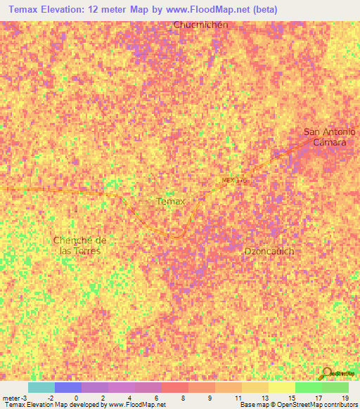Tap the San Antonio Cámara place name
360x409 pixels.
(329, 136)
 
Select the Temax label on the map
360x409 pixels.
(170, 202)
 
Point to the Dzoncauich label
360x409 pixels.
(269, 251)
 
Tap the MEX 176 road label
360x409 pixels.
(235, 181)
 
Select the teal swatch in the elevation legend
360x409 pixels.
(41, 387)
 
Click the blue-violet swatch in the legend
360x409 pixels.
(67, 387)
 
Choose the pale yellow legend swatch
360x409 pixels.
(281, 387)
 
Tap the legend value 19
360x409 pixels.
(345, 397)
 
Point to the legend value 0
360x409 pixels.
(76, 397)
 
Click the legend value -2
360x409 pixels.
(49, 397)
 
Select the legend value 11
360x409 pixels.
(237, 397)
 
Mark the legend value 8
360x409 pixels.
(183, 397)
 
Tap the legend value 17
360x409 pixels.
(318, 397)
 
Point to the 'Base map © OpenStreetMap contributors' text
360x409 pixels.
(298, 405)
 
